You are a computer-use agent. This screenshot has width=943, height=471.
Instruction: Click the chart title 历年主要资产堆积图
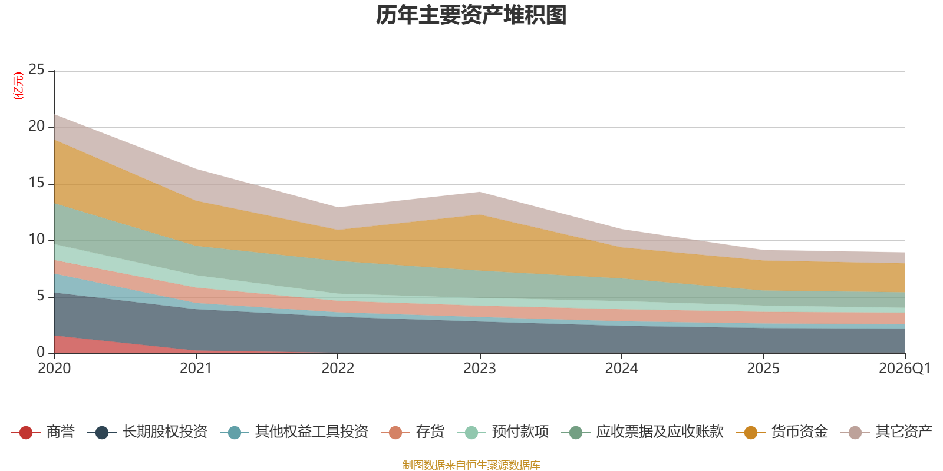click(471, 15)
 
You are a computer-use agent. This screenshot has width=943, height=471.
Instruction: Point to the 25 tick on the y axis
click(37, 70)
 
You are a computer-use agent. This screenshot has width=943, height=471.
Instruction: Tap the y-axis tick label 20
click(37, 127)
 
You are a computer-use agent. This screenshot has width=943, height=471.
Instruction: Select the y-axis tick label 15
click(37, 183)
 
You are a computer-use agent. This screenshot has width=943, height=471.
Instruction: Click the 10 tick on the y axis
click(37, 240)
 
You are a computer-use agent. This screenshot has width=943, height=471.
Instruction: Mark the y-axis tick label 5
click(41, 296)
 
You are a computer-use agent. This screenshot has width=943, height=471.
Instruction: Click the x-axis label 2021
click(196, 369)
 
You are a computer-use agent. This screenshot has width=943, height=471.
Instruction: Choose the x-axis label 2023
click(479, 369)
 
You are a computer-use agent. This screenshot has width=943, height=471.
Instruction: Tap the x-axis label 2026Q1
click(904, 369)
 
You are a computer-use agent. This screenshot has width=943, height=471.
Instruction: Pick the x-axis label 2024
click(621, 369)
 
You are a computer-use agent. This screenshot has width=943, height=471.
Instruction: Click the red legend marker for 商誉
click(25, 433)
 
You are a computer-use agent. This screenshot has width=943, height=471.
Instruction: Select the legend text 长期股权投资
click(165, 432)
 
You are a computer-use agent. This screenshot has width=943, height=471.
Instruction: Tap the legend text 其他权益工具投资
click(311, 432)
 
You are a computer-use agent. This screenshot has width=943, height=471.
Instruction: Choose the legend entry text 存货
click(430, 432)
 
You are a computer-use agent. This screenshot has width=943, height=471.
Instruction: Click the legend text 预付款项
click(520, 432)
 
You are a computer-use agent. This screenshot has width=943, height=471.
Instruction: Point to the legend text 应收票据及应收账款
click(659, 432)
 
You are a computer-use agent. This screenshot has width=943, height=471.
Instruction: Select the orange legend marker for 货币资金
click(750, 433)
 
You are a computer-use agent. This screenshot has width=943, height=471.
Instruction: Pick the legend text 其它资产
click(904, 432)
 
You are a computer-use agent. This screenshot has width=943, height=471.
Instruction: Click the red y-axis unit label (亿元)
click(18, 86)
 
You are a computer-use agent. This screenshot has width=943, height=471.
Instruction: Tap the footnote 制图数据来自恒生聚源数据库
click(471, 465)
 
